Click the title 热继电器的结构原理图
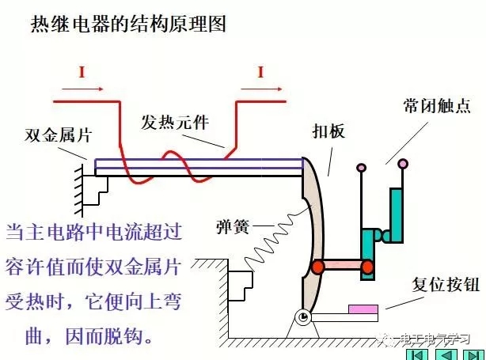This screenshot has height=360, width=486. click(128, 25)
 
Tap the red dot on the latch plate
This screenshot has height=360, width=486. click(317, 267)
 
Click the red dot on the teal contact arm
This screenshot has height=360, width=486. click(367, 267)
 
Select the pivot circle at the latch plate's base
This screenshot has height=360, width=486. click(303, 317)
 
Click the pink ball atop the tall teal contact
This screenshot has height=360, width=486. click(403, 164)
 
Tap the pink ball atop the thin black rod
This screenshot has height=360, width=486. click(361, 167)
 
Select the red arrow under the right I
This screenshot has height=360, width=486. click(260, 88)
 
